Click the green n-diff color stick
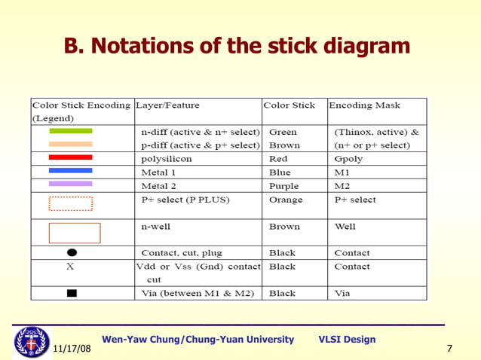point(71,131)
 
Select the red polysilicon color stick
point(71,157)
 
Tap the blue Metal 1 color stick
point(71,171)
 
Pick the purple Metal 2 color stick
point(71,184)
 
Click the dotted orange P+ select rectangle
point(71,203)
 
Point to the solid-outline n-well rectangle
point(75,233)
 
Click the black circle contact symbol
point(71,253)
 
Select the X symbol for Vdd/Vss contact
point(70,267)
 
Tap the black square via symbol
point(71,292)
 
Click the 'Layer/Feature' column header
point(167,105)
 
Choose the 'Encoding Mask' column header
point(364,105)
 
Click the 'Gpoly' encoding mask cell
point(348,159)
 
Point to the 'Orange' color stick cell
point(286,200)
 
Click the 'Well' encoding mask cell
point(345,226)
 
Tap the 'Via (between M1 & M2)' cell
point(198,293)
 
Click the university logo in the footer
point(32,341)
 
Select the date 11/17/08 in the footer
point(72,349)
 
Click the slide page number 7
point(449,349)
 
